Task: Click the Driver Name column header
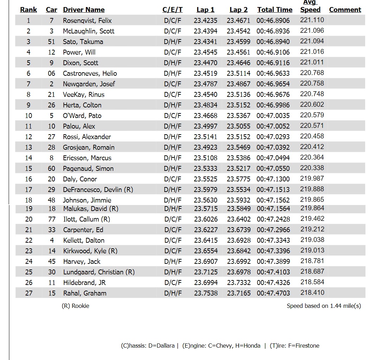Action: point(84,10)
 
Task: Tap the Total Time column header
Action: point(275,10)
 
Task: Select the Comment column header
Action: point(345,10)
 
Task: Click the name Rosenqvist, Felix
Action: point(87,20)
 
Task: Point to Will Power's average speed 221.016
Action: point(312,52)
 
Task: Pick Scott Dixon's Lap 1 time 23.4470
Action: point(206,63)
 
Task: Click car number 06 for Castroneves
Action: point(51,73)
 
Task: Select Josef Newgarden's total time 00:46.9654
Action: point(273,84)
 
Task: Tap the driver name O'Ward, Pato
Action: point(82,116)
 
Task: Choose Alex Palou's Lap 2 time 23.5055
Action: point(238,126)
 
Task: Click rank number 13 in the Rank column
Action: point(29,147)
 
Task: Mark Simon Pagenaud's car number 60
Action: point(51,168)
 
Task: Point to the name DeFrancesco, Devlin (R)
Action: point(98,190)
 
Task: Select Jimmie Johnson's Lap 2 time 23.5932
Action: point(238,200)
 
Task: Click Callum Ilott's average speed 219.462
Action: point(312,219)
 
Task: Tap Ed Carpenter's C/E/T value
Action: point(173,230)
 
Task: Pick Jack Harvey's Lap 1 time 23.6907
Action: point(206,261)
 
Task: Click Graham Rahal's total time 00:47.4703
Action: point(274,293)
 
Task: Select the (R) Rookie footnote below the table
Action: point(75,306)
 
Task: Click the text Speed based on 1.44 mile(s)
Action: point(324,306)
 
